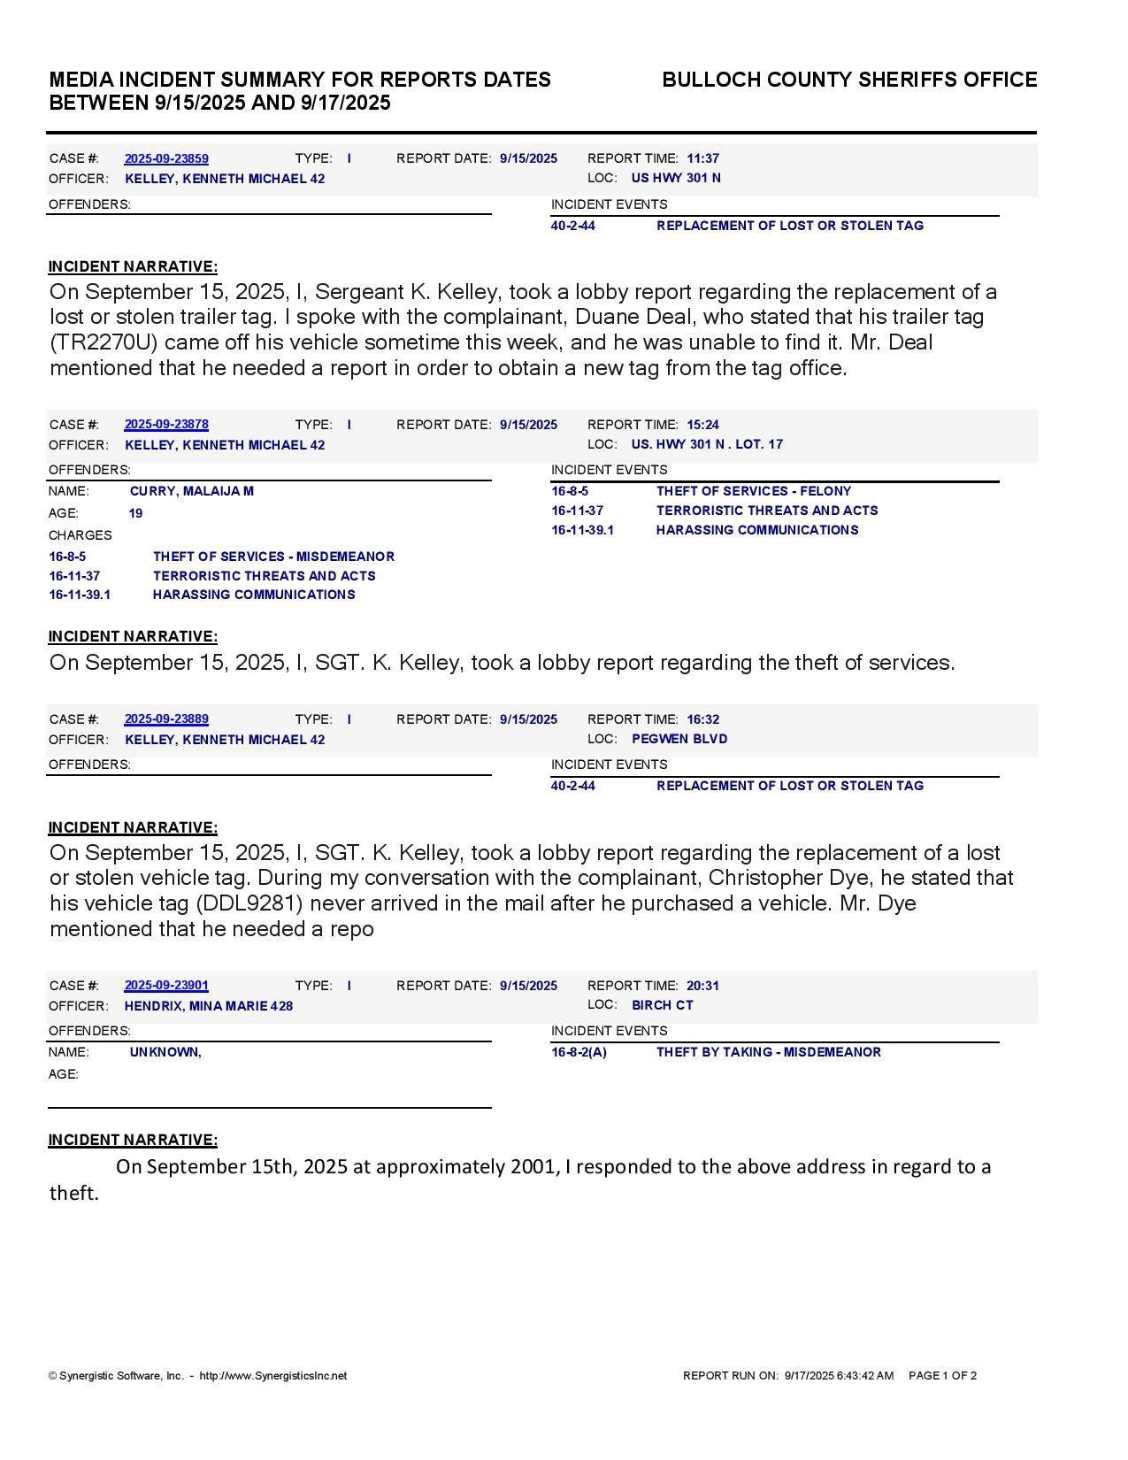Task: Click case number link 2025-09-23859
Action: click(x=166, y=158)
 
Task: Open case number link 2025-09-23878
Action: click(x=166, y=425)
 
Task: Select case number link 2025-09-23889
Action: click(x=166, y=719)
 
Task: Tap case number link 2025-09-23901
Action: click(x=166, y=986)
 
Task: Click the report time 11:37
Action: click(x=702, y=158)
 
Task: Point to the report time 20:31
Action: click(x=702, y=986)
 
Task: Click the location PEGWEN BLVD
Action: click(x=679, y=739)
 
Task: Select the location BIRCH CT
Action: click(x=663, y=1005)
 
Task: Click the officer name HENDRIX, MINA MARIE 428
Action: click(x=209, y=1006)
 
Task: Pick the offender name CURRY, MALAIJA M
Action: click(x=192, y=491)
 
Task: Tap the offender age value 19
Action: click(x=135, y=513)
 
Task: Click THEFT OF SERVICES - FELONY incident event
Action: click(x=754, y=491)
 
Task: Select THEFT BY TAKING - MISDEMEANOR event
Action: click(x=769, y=1052)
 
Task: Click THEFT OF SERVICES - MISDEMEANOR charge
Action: click(x=273, y=557)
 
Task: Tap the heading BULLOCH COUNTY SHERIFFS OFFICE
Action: click(x=849, y=80)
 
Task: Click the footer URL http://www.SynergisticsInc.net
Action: click(x=273, y=1376)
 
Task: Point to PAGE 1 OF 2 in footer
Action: click(x=942, y=1376)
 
